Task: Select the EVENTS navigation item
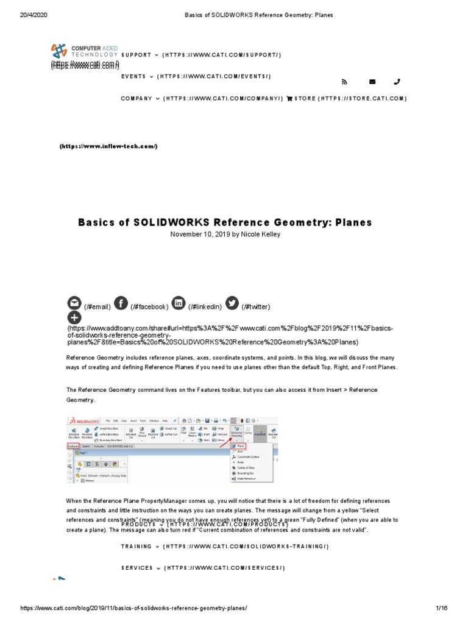coord(133,77)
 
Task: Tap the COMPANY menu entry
coord(136,98)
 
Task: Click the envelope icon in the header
coord(372,82)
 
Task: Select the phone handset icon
coord(397,82)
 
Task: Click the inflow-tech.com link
coord(108,146)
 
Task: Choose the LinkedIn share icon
coord(178,303)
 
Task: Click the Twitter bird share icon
coord(232,303)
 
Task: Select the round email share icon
coord(74,303)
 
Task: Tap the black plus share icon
coord(74,317)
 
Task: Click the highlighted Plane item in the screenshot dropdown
coord(238,445)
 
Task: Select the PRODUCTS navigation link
coord(138,524)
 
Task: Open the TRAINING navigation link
coord(137,547)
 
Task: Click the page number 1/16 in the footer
coord(441,608)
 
